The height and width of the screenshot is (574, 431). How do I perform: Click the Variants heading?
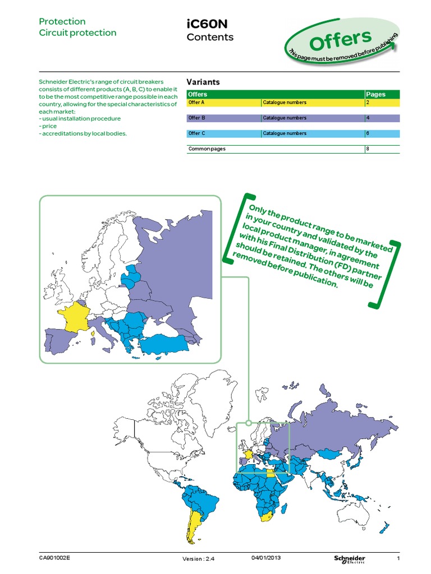point(203,82)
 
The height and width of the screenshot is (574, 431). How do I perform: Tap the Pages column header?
point(375,94)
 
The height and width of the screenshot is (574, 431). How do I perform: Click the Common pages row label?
point(207,149)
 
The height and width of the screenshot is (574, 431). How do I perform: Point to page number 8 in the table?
point(368,149)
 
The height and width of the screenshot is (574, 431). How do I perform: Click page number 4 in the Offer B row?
point(368,118)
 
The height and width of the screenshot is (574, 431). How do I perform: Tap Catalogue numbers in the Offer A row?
point(285,103)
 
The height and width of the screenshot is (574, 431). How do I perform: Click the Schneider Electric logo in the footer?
point(349,559)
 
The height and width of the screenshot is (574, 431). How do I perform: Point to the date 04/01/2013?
point(267,557)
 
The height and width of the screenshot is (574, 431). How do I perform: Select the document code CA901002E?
point(55,558)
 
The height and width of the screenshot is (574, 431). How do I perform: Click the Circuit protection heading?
point(77,33)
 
